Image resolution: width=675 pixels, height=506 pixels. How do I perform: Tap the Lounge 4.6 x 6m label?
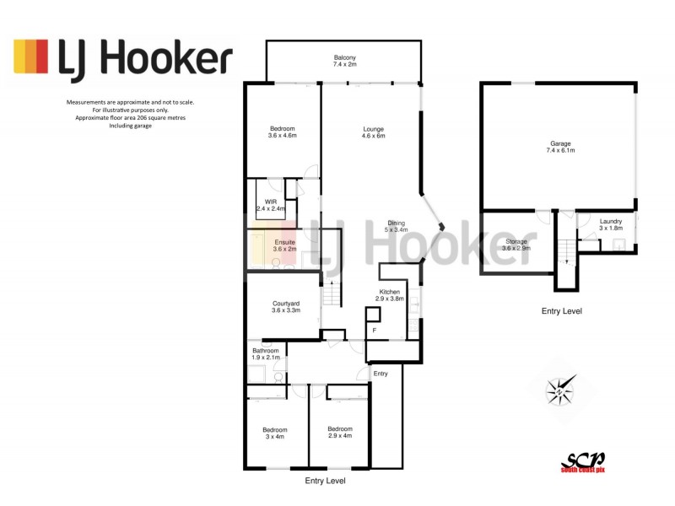tap(373, 132)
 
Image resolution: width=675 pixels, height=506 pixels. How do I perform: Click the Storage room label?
tap(515, 245)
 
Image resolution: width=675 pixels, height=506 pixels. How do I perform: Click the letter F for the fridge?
tap(373, 331)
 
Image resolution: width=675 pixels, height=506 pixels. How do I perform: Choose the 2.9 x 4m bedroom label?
tap(339, 432)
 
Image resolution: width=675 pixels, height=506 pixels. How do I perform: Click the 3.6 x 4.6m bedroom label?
tap(281, 132)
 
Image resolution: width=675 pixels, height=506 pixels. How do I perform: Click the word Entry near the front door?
tap(381, 374)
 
